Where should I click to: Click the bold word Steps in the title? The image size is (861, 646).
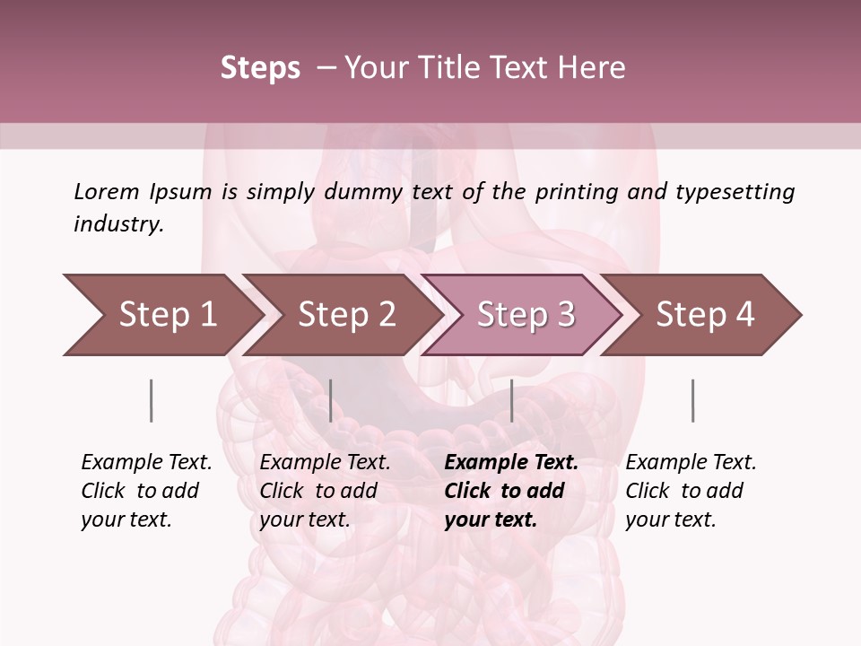click(x=260, y=67)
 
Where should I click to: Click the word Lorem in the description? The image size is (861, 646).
click(x=107, y=191)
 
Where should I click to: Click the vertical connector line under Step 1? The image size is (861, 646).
click(x=151, y=400)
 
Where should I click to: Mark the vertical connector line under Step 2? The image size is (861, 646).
click(x=331, y=400)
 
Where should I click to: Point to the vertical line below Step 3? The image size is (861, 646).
click(x=511, y=400)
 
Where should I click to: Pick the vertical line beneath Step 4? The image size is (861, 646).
click(x=692, y=400)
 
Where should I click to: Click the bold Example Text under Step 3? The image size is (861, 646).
click(x=511, y=463)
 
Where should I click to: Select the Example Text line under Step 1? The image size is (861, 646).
click(x=146, y=463)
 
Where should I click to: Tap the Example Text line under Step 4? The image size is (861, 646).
click(x=691, y=463)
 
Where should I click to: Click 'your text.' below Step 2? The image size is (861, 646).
click(x=305, y=519)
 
